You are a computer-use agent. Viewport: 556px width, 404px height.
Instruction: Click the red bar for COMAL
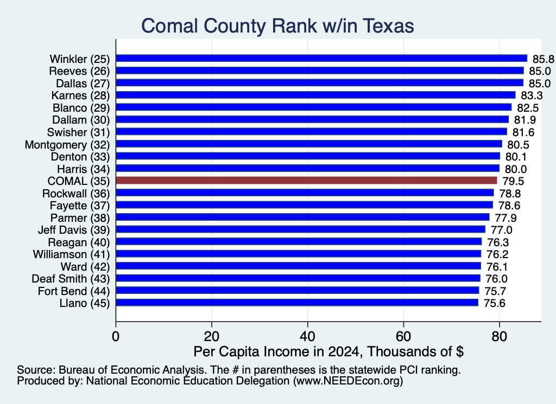tap(306, 181)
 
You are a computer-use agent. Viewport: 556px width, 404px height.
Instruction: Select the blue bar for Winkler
tap(321, 59)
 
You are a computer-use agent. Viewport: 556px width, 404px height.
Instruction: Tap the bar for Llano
tap(297, 303)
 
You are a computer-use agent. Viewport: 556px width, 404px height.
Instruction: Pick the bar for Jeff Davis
tap(301, 229)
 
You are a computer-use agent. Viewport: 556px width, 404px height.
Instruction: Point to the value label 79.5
tap(513, 181)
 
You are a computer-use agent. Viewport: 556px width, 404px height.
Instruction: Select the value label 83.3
tap(532, 95)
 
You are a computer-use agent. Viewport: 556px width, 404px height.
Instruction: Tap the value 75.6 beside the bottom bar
tap(494, 304)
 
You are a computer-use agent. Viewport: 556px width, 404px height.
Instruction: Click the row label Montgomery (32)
tap(67, 145)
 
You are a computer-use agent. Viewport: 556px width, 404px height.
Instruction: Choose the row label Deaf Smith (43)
tap(71, 279)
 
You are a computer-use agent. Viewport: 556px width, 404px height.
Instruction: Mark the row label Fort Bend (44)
tap(74, 291)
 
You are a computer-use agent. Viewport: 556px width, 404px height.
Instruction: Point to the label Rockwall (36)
tap(76, 194)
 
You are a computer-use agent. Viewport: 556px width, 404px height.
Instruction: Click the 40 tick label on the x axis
tap(307, 336)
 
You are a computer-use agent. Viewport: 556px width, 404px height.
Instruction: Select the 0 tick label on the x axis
tap(116, 336)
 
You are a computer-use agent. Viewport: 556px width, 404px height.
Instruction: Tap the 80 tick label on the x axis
tap(500, 336)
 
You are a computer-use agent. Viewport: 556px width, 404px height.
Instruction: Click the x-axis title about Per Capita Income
tap(328, 351)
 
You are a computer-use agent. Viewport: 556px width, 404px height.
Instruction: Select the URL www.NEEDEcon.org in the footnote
tap(348, 381)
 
